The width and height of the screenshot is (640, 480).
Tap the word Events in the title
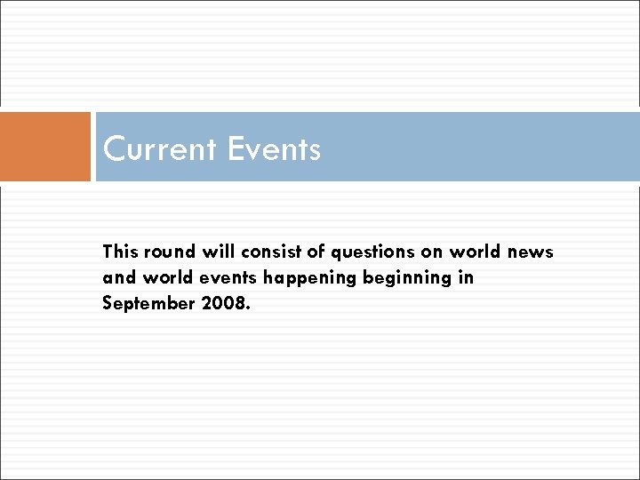[x=274, y=148]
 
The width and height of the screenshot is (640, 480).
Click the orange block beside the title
[x=45, y=147]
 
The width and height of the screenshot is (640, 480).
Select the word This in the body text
[x=119, y=252]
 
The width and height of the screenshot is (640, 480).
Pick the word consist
[x=262, y=252]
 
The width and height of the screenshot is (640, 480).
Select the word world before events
[x=158, y=277]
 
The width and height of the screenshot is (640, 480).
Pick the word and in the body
[x=116, y=277]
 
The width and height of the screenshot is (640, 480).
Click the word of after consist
[x=307, y=252]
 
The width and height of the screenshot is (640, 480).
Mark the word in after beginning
[x=467, y=277]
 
